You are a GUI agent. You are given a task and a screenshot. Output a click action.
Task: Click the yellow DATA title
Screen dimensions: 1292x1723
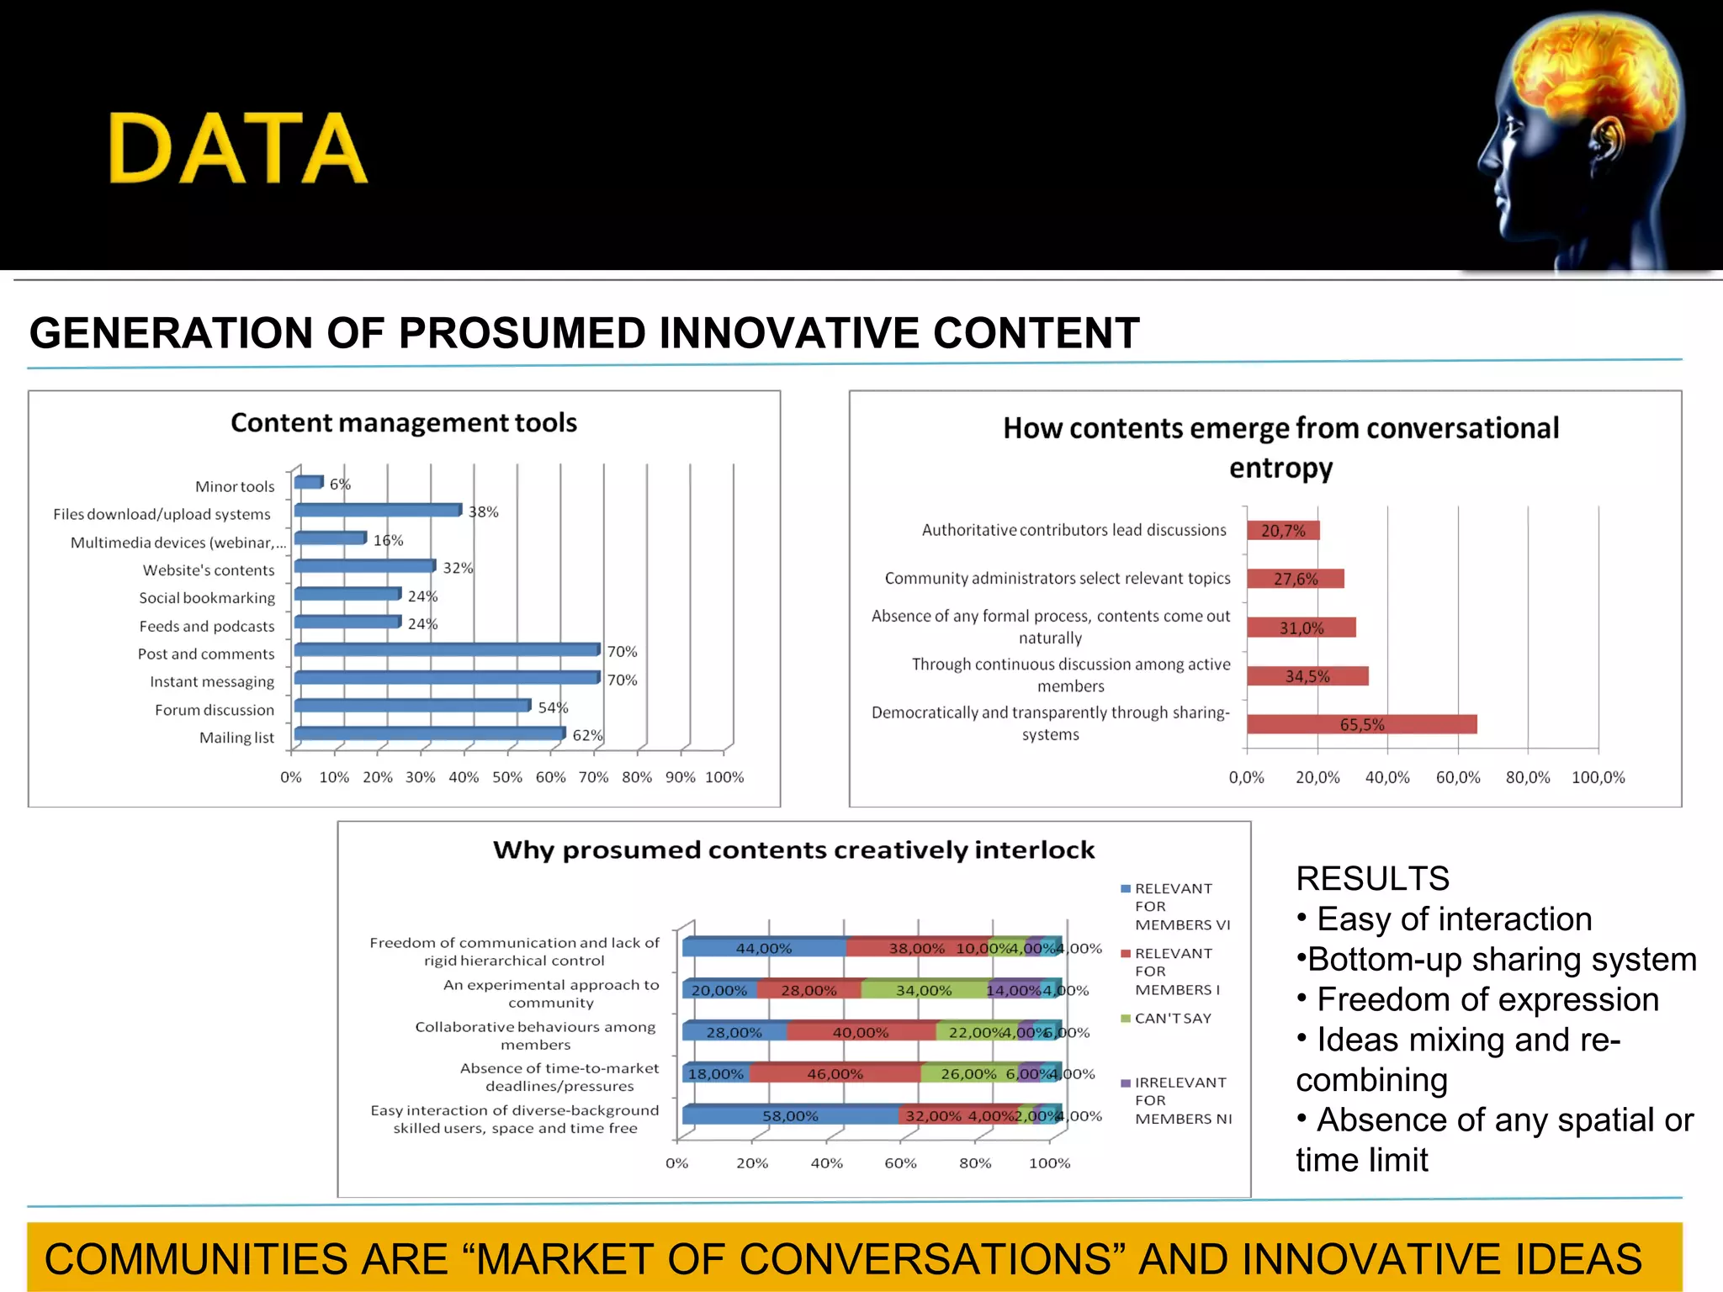(x=238, y=149)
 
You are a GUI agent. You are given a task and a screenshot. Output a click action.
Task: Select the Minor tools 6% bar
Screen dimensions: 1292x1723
(x=308, y=482)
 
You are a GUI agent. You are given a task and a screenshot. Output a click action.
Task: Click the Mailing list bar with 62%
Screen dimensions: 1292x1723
(x=429, y=733)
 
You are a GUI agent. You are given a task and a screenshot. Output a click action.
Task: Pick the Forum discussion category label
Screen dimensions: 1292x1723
(x=215, y=710)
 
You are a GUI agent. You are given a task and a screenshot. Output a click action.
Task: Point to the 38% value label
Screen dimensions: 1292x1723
(x=483, y=511)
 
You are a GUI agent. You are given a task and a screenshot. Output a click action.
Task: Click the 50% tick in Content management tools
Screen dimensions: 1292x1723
(x=506, y=777)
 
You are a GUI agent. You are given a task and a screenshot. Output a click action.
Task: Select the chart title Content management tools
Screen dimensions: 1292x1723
(x=404, y=422)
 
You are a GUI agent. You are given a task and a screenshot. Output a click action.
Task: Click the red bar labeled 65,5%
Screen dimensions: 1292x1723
(x=1361, y=724)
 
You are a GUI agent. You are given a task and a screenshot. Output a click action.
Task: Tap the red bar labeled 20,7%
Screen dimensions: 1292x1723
(x=1283, y=531)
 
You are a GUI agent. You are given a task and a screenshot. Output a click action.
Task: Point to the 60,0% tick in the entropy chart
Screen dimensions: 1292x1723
(x=1457, y=777)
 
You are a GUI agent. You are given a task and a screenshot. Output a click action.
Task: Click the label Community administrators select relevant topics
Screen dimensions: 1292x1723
(x=1057, y=579)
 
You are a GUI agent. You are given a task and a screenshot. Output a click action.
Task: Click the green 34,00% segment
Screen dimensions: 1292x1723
(x=923, y=990)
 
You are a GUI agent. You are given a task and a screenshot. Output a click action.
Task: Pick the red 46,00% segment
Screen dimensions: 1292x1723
(x=835, y=1073)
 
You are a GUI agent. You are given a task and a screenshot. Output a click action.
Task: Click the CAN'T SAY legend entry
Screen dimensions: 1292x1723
(x=1172, y=1018)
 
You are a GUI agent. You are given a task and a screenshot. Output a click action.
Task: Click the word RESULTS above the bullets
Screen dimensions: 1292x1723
(x=1372, y=878)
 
